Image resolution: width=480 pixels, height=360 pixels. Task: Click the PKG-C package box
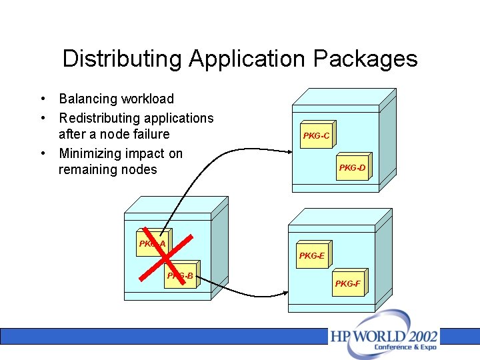pos(316,136)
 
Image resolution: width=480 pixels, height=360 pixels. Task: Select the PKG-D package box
pos(351,167)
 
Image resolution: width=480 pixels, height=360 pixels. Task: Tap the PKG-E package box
pos(312,255)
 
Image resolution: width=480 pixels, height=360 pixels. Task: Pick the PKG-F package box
pos(348,283)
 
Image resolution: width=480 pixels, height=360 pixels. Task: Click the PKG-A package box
pos(152,244)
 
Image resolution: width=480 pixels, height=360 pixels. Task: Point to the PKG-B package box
pos(181,275)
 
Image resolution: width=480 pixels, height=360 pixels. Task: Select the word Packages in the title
pos(365,59)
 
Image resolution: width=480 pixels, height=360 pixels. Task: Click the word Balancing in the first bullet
pos(87,99)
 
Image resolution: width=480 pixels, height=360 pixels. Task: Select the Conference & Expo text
pos(405,347)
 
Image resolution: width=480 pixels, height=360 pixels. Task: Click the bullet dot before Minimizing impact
pos(42,153)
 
